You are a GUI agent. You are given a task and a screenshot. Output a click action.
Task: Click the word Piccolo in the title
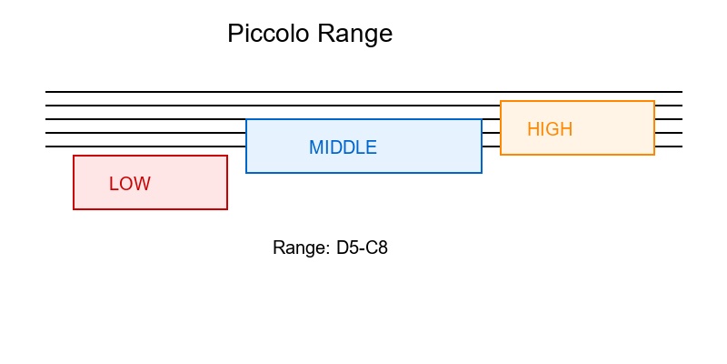(x=268, y=35)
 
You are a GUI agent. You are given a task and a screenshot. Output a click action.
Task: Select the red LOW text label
(x=130, y=184)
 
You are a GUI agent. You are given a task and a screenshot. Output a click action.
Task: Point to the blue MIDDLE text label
(x=343, y=147)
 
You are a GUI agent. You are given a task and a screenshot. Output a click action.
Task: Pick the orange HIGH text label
(x=550, y=129)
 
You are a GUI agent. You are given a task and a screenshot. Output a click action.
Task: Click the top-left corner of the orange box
(x=501, y=101)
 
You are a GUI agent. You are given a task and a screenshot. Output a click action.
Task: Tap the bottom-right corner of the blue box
(x=482, y=172)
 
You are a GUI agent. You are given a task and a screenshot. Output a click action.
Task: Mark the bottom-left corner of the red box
(x=74, y=209)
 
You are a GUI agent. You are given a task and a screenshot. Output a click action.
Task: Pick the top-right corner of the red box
(x=227, y=156)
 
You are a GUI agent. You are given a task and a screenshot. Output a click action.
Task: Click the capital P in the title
(x=234, y=35)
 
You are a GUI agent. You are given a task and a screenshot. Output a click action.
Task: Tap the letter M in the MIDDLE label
(x=315, y=147)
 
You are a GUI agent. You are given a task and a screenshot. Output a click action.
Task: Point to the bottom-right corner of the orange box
(x=654, y=155)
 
